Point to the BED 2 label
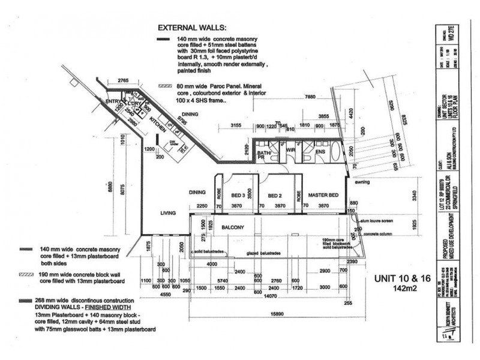(275, 196)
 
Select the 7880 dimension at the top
(310, 97)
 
